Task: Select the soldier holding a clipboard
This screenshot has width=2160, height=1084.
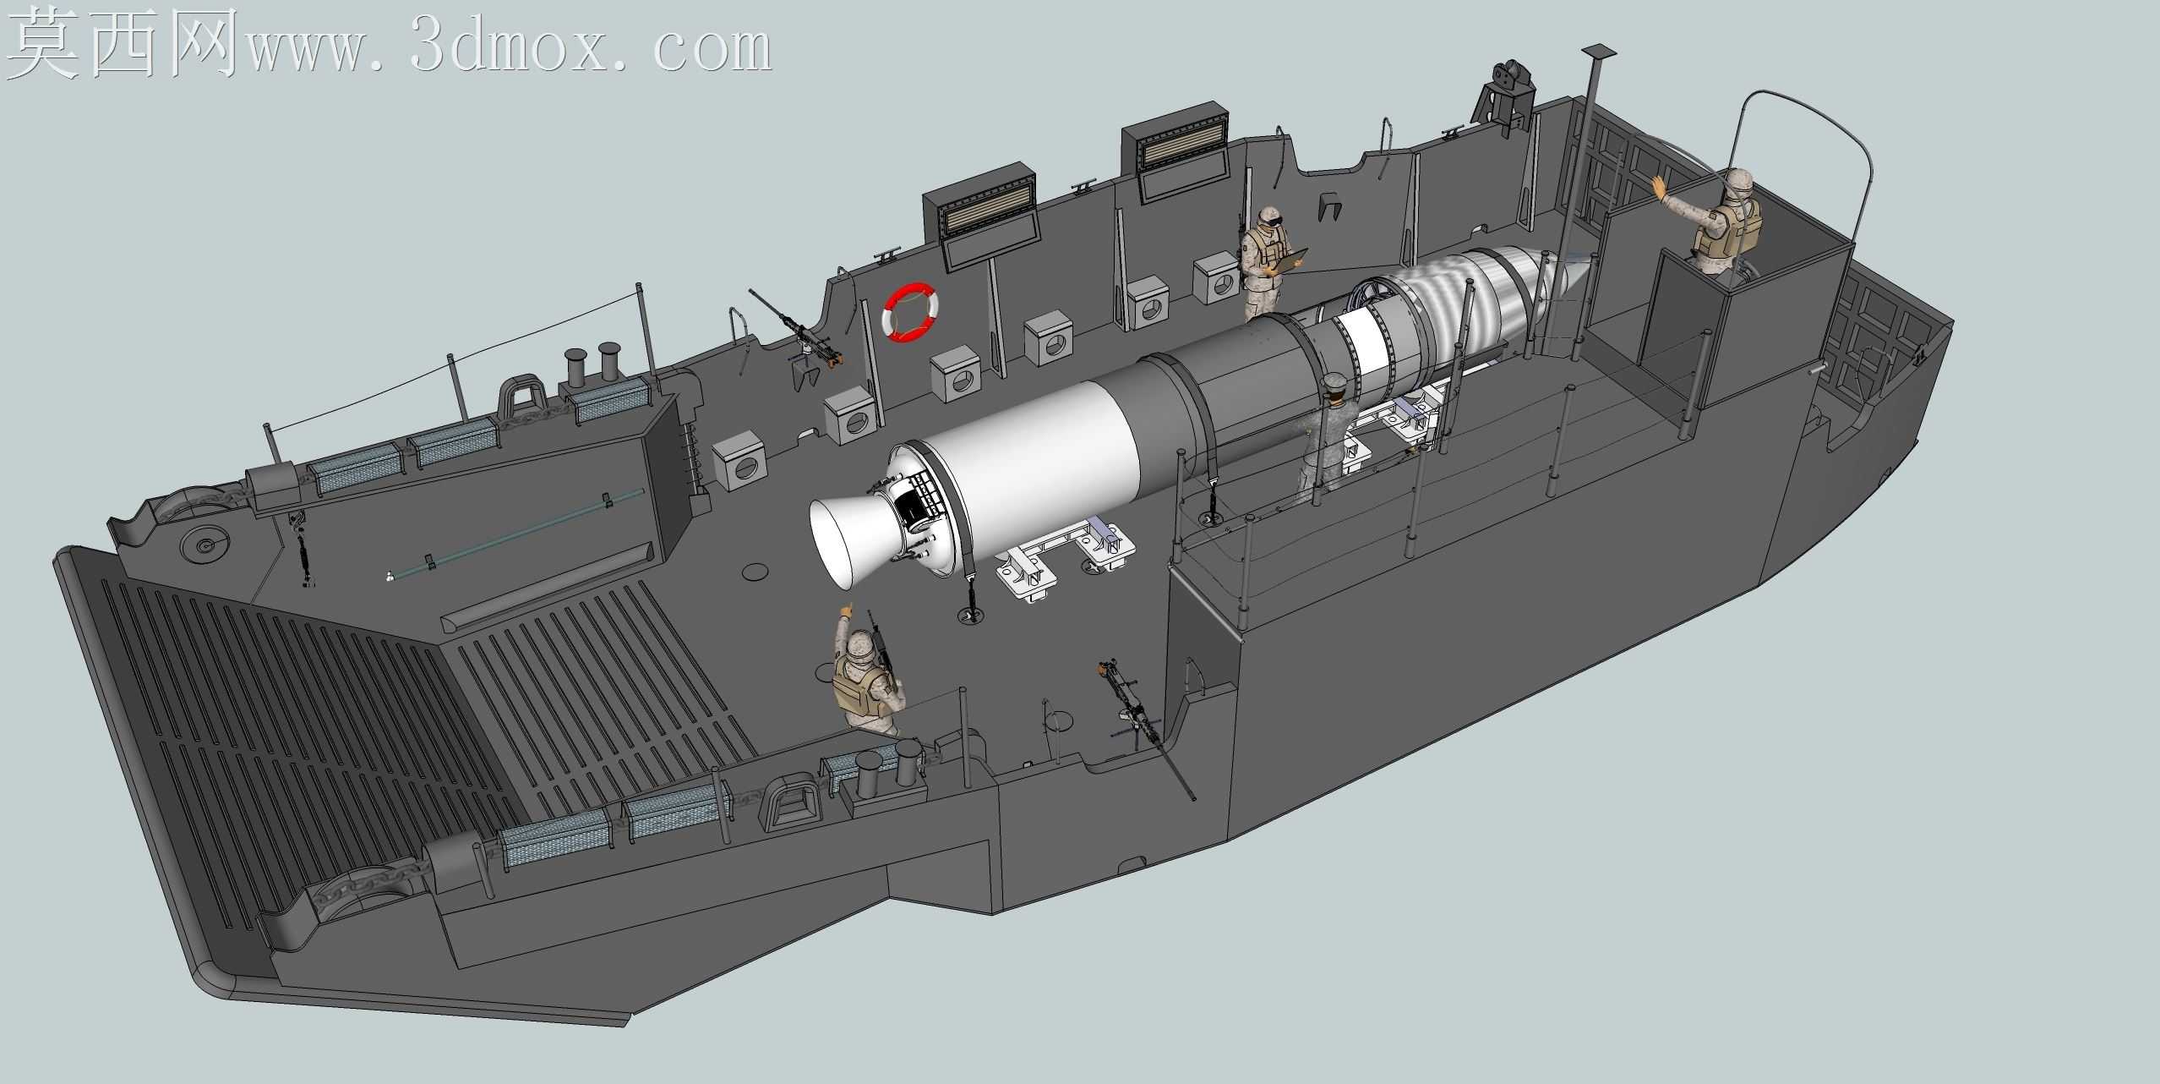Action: click(x=1268, y=262)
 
